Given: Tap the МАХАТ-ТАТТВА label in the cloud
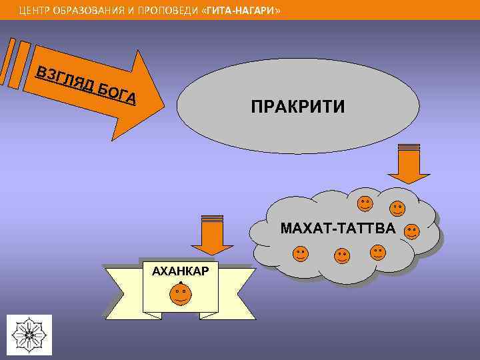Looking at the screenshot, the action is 337,229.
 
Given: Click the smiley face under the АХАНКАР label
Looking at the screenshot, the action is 180,293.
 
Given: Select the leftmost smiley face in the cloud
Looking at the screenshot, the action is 301,253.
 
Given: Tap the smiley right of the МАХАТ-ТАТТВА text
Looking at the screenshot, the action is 412,231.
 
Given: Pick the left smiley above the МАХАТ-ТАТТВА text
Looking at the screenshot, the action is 365,203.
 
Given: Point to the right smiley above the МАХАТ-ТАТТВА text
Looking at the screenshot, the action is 397,209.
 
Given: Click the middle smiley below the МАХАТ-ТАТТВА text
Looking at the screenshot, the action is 342,255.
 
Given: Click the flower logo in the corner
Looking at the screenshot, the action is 29,334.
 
